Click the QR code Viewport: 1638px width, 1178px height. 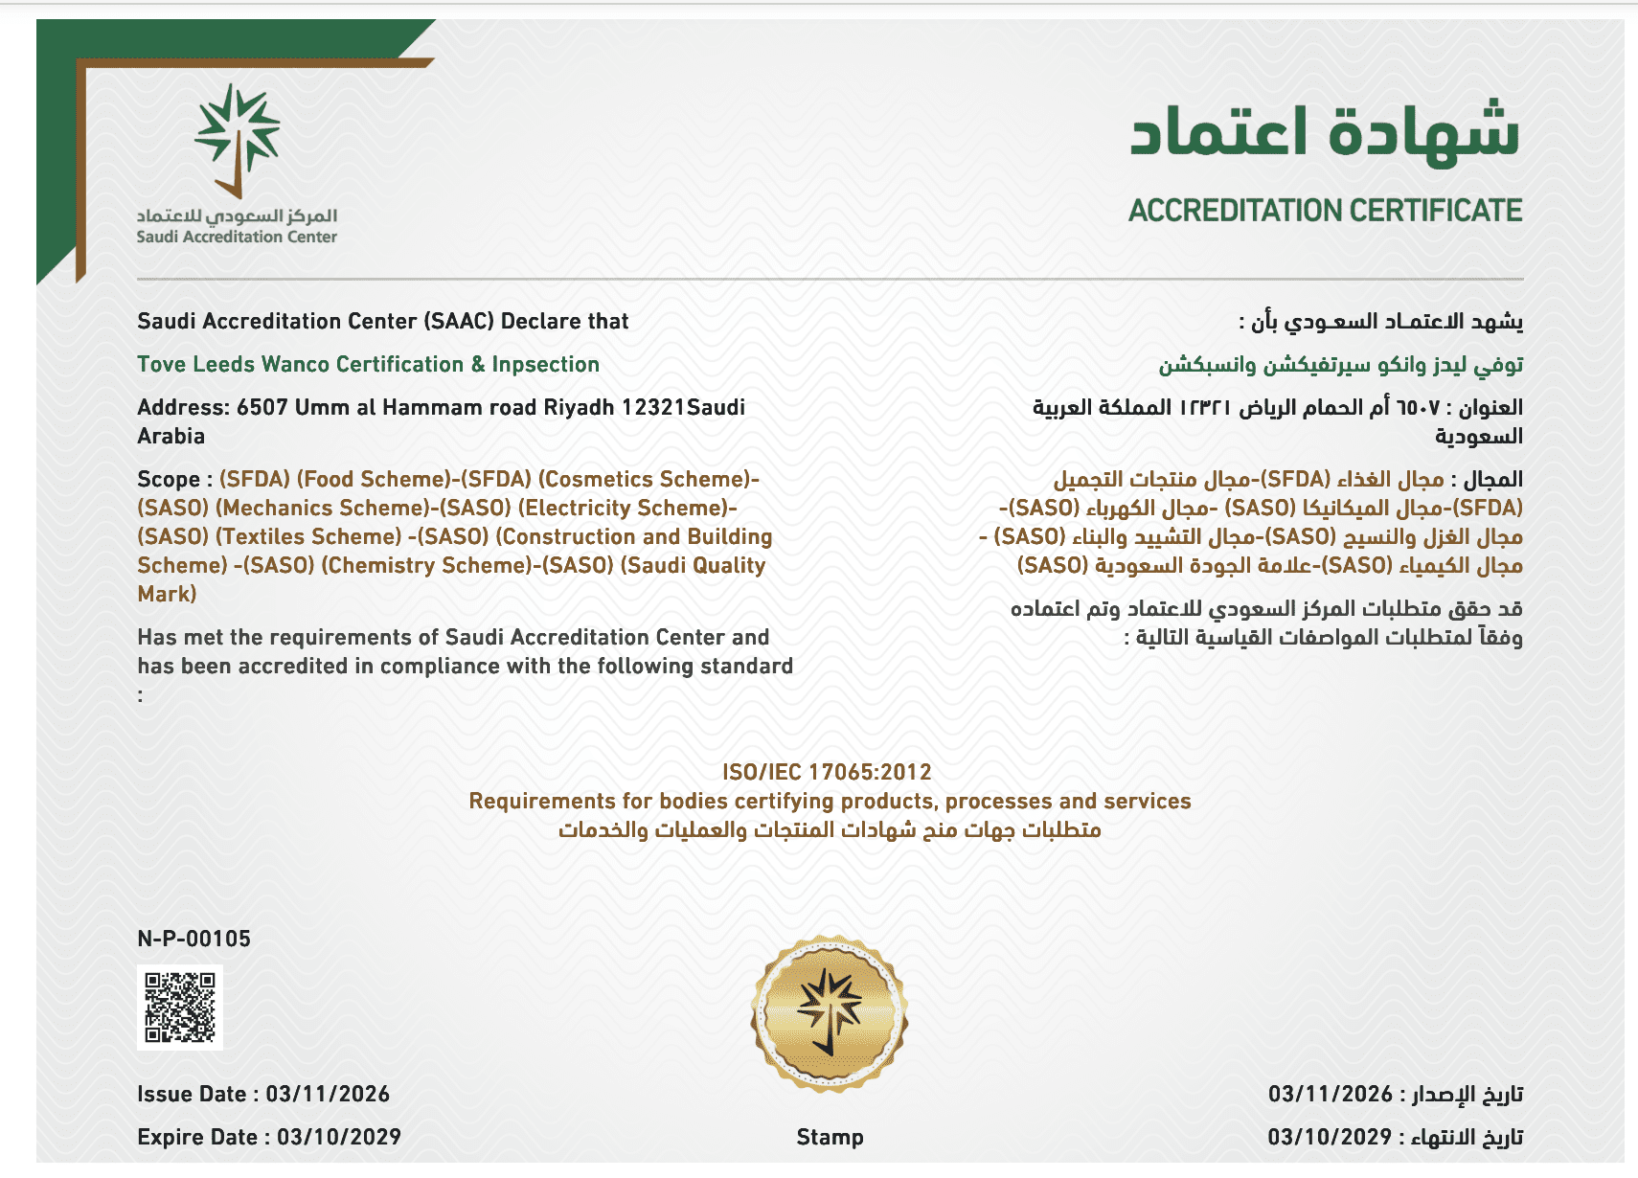click(x=180, y=1007)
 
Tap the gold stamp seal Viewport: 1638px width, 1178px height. click(x=830, y=1012)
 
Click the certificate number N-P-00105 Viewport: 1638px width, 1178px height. click(x=193, y=939)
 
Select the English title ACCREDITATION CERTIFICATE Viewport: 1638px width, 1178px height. click(x=1325, y=211)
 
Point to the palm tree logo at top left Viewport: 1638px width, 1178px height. click(x=237, y=139)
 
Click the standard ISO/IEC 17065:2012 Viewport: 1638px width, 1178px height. click(x=827, y=772)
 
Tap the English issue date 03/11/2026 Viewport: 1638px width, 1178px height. click(x=328, y=1094)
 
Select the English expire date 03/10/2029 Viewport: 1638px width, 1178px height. click(x=338, y=1137)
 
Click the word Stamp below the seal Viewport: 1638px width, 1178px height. click(x=830, y=1137)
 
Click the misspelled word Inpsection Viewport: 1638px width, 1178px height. click(x=545, y=365)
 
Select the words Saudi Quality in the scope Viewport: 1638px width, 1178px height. click(x=693, y=565)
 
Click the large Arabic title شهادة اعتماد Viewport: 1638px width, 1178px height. click(x=1325, y=131)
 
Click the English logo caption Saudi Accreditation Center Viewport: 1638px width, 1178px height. click(x=237, y=237)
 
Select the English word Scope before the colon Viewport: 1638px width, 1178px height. click(x=169, y=479)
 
